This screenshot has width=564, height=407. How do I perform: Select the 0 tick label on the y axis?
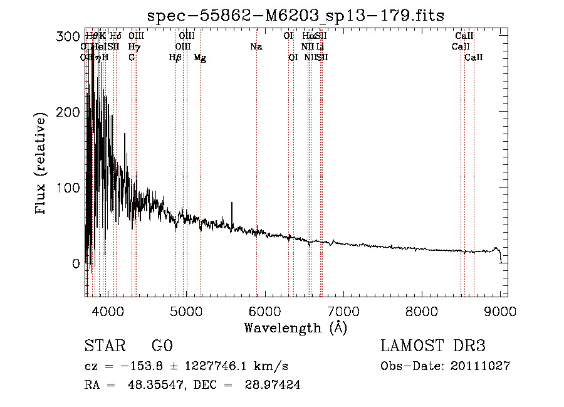pyautogui.click(x=76, y=263)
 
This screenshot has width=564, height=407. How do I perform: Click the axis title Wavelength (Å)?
pyautogui.click(x=296, y=327)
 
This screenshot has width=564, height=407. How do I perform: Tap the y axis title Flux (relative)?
pyautogui.click(x=42, y=164)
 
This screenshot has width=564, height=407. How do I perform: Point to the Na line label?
pyautogui.click(x=256, y=46)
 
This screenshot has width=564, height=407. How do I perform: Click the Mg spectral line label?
pyautogui.click(x=200, y=58)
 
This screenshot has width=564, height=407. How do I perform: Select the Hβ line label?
pyautogui.click(x=175, y=58)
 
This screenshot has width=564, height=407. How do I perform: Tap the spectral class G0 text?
pyautogui.click(x=162, y=346)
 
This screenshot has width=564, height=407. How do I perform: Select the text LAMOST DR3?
pyautogui.click(x=433, y=346)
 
